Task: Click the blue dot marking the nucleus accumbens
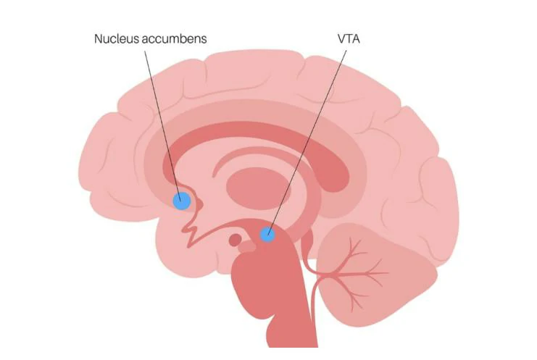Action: (181, 201)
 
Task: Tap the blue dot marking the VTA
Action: (268, 233)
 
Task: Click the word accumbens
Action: (175, 38)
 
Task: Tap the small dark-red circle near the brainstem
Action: (236, 239)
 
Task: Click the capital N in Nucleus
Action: (99, 38)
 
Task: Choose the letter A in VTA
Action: (356, 38)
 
